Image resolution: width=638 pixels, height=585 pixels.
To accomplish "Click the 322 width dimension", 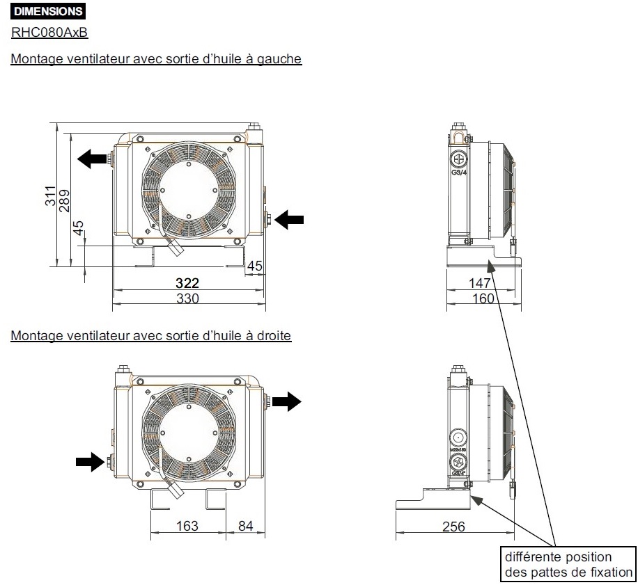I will point(187,283).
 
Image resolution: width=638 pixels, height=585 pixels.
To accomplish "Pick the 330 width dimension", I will point(187,298).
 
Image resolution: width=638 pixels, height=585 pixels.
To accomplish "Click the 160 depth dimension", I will point(483,298).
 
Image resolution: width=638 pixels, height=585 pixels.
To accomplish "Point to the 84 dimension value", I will point(245,526).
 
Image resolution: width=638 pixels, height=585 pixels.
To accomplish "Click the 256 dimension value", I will point(453,527).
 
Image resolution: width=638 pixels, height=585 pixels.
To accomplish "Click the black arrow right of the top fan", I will point(290,220).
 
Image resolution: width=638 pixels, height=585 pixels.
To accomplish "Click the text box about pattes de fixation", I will point(568,564).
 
